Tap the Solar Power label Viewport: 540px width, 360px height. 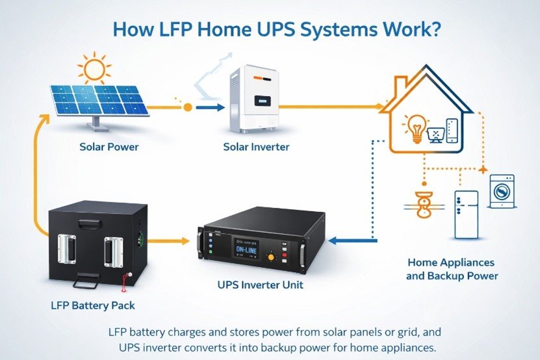click(x=109, y=147)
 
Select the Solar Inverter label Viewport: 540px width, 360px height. click(x=256, y=147)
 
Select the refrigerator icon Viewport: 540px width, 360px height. click(x=466, y=215)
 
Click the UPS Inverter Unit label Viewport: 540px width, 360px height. click(x=261, y=285)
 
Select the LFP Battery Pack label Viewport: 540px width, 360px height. click(x=92, y=303)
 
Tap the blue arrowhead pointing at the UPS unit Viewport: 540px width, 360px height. click(x=333, y=240)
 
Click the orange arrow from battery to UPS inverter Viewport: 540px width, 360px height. click(x=170, y=240)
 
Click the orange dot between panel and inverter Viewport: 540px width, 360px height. click(x=187, y=105)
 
